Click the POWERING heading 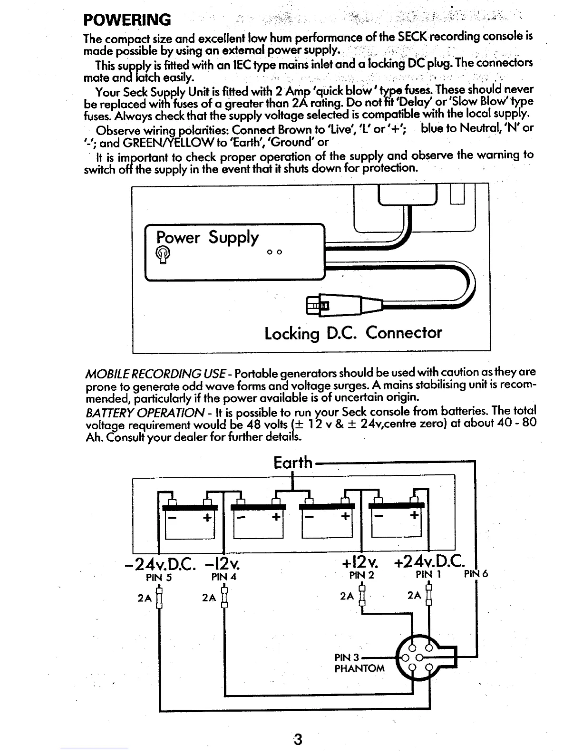126,20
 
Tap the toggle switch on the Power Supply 163,254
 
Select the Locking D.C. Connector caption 353,332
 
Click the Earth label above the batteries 293,462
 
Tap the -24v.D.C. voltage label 160,564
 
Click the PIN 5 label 158,577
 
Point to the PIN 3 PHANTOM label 359,663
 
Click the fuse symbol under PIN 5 159,597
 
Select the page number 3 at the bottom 297,740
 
